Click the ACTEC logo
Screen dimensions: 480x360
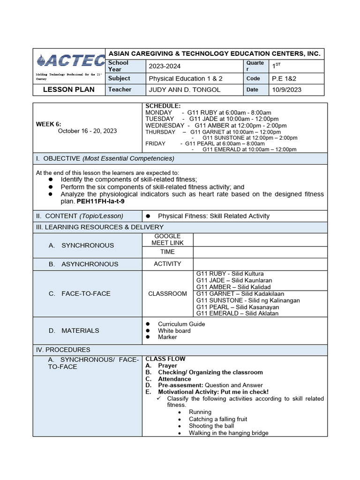pyautogui.click(x=70, y=60)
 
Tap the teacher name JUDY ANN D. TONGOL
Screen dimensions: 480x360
pyautogui.click(x=184, y=90)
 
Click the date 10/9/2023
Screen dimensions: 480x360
pyautogui.click(x=286, y=90)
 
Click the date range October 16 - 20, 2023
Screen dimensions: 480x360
pyautogui.click(x=87, y=131)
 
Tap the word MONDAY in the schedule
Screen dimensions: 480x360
pyautogui.click(x=159, y=112)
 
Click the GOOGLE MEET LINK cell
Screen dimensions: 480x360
pyautogui.click(x=167, y=239)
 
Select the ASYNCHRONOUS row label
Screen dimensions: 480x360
pyautogui.click(x=90, y=264)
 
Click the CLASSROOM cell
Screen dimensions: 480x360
pyautogui.click(x=167, y=293)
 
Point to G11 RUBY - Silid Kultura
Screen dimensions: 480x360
pyautogui.click(x=230, y=274)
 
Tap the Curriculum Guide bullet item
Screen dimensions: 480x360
pyautogui.click(x=181, y=324)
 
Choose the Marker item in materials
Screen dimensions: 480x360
pyautogui.click(x=167, y=337)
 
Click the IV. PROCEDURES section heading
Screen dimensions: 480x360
pyautogui.click(x=63, y=350)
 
